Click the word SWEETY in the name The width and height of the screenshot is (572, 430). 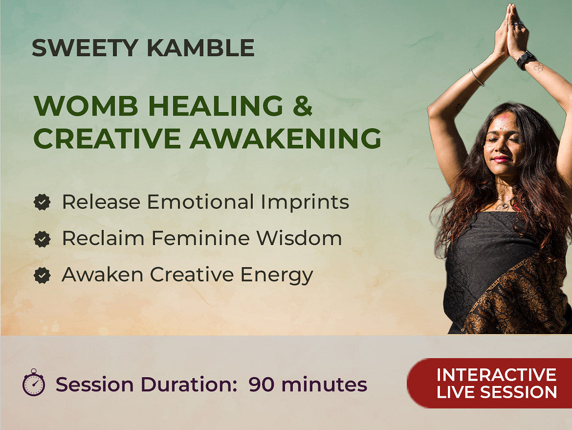point(85,48)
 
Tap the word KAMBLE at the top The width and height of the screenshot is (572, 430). point(200,48)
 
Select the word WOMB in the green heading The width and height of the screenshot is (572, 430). point(86,106)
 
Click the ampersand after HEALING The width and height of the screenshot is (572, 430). point(303,106)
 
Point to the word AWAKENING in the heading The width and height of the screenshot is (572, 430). point(286,138)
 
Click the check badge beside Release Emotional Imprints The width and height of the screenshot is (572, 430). point(42,202)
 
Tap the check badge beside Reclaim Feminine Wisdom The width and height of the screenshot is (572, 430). point(42,239)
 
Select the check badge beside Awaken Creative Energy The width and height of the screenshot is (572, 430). point(42,275)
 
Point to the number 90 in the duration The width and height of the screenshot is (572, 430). point(262,385)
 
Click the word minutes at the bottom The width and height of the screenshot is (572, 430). point(324,385)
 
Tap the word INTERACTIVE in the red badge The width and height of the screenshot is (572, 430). point(496,375)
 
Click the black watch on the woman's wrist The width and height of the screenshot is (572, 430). point(526,60)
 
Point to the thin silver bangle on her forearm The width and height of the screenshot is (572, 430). point(477,77)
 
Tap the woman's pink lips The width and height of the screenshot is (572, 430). point(501,159)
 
